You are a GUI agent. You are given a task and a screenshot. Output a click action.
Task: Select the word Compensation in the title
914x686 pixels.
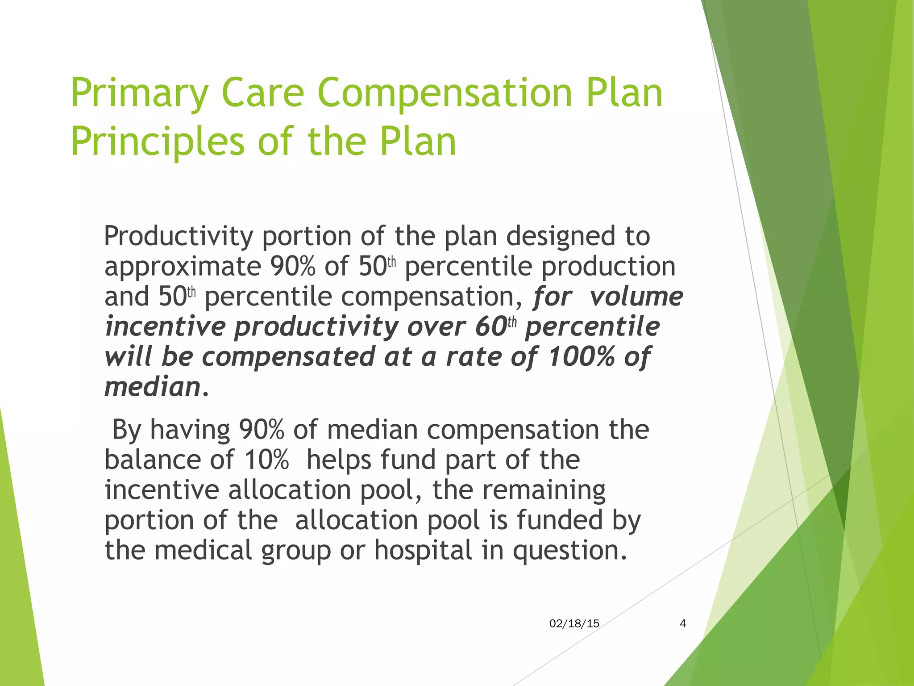point(445,94)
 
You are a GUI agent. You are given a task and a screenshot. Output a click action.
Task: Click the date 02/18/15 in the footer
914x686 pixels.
point(574,624)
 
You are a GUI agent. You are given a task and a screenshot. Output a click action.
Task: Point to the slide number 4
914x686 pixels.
point(682,624)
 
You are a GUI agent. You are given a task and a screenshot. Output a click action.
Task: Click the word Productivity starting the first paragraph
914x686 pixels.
point(178,237)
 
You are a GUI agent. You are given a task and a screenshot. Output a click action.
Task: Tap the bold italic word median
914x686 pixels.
point(152,387)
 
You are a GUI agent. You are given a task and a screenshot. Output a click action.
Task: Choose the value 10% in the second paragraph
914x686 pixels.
point(266,460)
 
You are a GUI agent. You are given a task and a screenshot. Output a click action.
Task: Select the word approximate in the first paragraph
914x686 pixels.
point(182,267)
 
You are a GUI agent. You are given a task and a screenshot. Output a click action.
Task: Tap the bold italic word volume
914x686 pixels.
point(636,297)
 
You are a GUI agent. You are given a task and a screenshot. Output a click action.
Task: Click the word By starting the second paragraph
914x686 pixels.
point(127,430)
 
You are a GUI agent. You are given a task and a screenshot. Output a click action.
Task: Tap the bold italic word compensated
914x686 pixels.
point(288,357)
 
